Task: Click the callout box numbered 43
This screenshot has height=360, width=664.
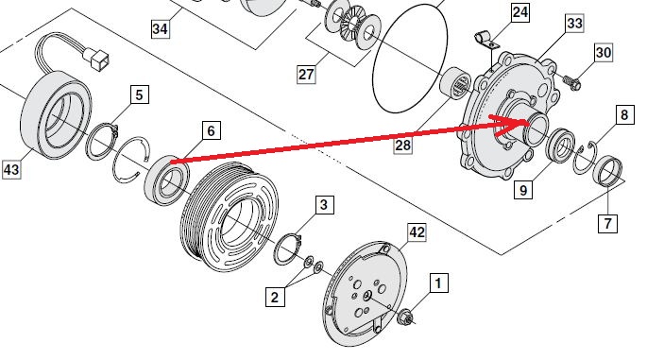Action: tap(11, 169)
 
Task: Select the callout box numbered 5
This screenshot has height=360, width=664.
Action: tap(140, 94)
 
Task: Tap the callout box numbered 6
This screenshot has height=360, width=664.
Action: tap(211, 130)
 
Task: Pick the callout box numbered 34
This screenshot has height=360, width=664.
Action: tap(160, 28)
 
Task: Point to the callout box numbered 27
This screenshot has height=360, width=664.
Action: tap(306, 74)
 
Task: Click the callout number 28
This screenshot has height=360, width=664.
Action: tap(402, 146)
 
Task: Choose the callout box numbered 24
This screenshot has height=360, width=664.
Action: tap(520, 12)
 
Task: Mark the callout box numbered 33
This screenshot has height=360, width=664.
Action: tap(574, 23)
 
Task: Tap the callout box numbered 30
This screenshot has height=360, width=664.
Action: tap(603, 52)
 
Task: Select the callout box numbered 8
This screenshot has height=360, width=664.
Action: tap(624, 114)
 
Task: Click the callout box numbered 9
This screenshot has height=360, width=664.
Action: tap(523, 189)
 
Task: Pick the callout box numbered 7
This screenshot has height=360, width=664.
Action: tap(607, 223)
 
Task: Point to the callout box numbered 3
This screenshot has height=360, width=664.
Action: tap(324, 204)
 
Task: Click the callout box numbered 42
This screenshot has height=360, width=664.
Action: tap(417, 232)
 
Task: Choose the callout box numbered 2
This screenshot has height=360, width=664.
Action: tap(275, 297)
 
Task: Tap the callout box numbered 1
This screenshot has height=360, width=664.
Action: tap(438, 283)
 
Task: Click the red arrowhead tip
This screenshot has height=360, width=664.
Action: tap(529, 122)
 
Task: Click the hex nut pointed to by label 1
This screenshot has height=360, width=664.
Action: tap(406, 317)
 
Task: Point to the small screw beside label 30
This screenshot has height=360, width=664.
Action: tap(570, 82)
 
